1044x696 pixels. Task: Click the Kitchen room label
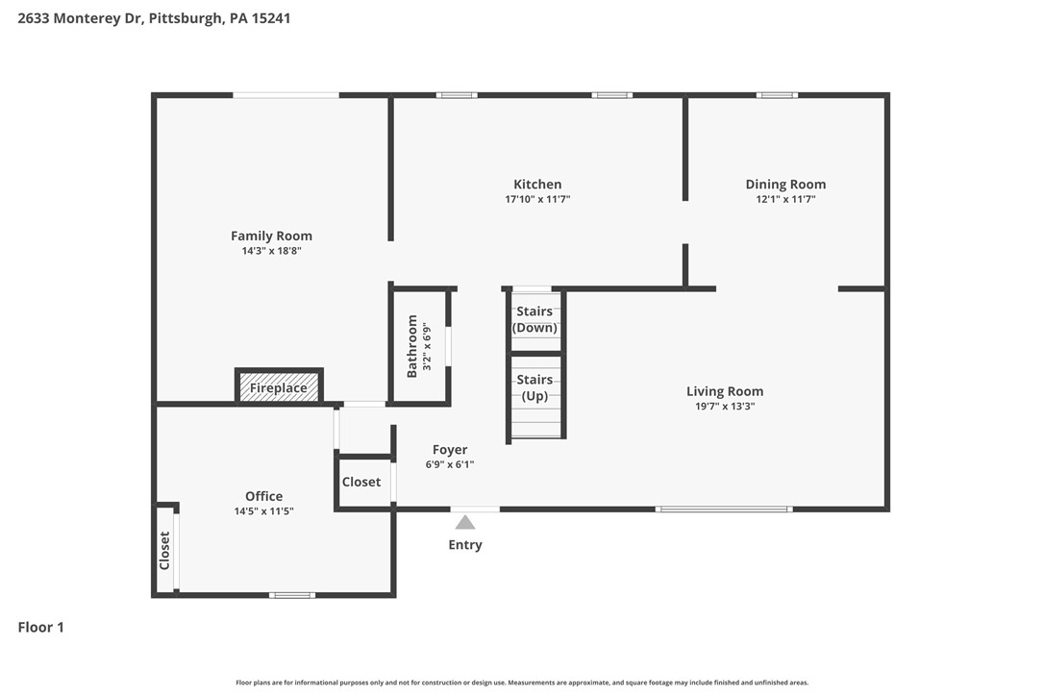pos(537,185)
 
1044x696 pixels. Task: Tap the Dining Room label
pos(785,185)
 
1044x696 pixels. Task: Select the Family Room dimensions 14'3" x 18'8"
pos(271,251)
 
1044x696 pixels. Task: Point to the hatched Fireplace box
pos(279,387)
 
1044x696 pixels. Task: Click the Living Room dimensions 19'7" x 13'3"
pos(725,407)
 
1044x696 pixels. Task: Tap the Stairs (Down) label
pos(534,319)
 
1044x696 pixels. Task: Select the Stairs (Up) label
pos(534,387)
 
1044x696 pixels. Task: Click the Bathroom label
pos(412,346)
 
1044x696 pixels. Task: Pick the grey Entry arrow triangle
pos(465,522)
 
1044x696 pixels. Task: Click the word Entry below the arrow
pos(465,545)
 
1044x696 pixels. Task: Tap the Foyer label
pos(450,450)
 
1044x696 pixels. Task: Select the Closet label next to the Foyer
pos(361,482)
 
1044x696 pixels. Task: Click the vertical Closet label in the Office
pos(164,550)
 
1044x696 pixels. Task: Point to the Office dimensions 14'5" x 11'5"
pos(263,511)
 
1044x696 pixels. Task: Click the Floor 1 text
pos(40,628)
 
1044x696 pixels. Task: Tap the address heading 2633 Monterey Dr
pos(154,17)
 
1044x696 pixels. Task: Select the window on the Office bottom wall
pos(292,595)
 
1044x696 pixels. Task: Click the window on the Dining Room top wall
pos(777,95)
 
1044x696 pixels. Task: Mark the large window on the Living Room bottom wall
pos(724,509)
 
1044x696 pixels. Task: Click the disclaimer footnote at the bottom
pos(522,683)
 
